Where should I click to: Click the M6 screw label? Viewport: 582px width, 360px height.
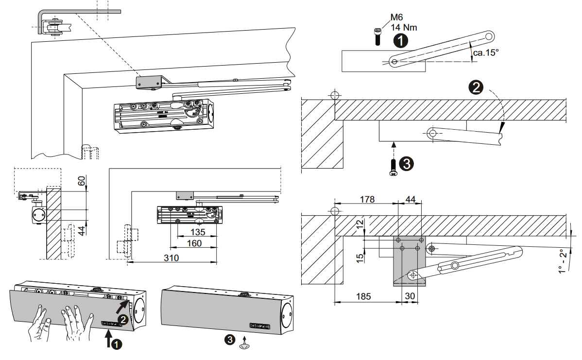[x=397, y=18]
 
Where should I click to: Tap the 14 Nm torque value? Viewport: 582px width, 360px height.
[x=404, y=28]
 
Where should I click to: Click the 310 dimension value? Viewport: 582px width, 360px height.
[x=171, y=258]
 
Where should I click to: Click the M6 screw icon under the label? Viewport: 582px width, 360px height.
[x=378, y=37]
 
